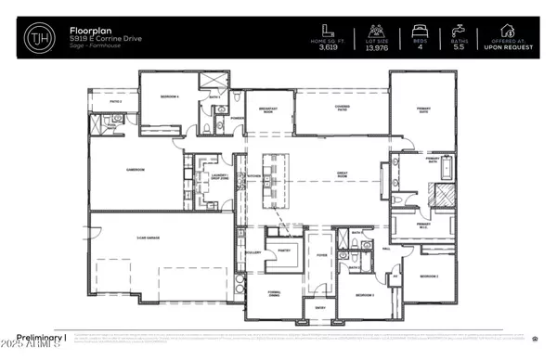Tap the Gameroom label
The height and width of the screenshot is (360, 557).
click(115, 169)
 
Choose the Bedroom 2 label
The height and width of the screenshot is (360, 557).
click(427, 276)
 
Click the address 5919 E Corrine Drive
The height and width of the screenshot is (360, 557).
click(101, 42)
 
